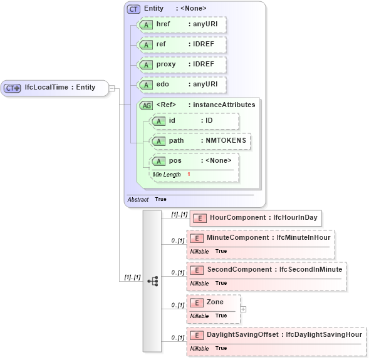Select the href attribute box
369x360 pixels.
[x=182, y=24]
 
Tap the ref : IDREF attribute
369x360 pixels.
[x=182, y=45]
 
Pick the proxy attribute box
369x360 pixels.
[x=182, y=65]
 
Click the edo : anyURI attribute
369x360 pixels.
[x=182, y=85]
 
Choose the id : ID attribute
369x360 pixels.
[x=194, y=120]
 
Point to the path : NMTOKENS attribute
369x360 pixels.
[x=200, y=141]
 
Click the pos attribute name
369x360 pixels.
[x=175, y=161]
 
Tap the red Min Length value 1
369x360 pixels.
[x=189, y=174]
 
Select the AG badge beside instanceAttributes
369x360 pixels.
[x=146, y=105]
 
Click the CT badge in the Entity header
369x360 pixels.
[x=133, y=9]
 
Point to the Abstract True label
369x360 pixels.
[x=147, y=199]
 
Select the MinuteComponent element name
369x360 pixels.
[x=239, y=238]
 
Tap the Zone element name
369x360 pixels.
[x=215, y=302]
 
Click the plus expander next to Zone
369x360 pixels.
[x=244, y=309]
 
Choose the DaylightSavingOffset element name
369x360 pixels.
[x=244, y=335]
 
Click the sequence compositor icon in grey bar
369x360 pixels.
[x=152, y=281]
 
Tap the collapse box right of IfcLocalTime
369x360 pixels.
[x=112, y=88]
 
